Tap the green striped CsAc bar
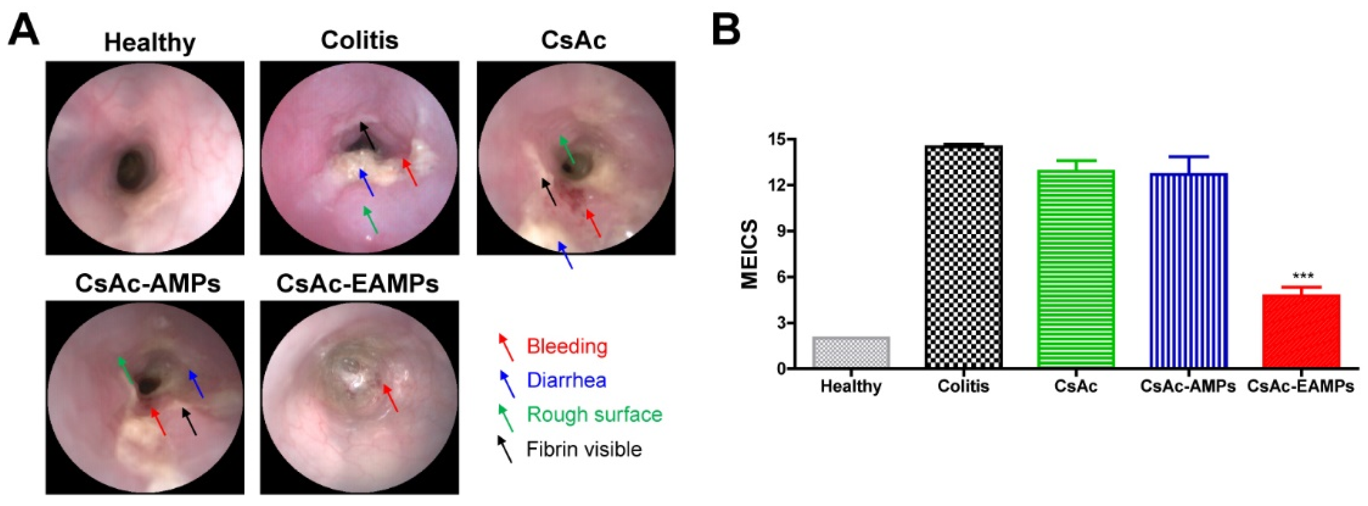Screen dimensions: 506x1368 pos(1075,268)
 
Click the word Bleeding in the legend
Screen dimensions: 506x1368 pos(567,346)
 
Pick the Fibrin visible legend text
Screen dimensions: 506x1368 pos(584,449)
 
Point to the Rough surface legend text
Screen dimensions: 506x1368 pos(594,414)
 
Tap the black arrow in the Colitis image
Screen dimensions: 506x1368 pos(367,135)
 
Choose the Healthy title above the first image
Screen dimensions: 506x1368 pos(149,42)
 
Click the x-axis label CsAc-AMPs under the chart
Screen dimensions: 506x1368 pos(1188,386)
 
